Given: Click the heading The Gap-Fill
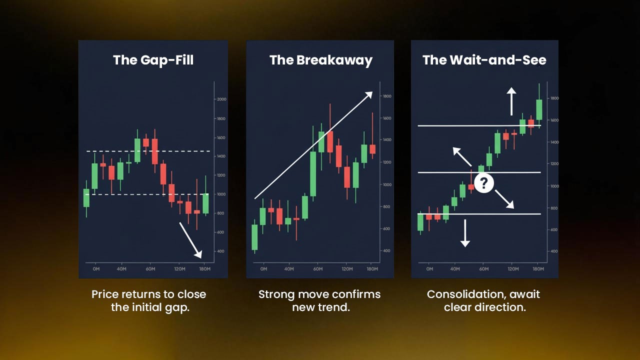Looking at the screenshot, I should (153, 60).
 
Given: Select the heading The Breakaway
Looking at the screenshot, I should (321, 60).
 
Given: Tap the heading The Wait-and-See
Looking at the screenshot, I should (484, 60).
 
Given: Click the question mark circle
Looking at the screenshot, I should (483, 183).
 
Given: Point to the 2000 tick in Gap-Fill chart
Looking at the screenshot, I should (221, 99).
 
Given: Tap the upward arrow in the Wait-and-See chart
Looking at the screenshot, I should (511, 101).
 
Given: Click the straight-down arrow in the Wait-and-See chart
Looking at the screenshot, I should (465, 232).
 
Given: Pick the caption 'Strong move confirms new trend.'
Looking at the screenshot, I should (320, 300).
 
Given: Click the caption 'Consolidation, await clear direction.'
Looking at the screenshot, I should (484, 300).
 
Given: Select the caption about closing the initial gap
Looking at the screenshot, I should (149, 300).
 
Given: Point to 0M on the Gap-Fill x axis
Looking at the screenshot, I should (96, 269).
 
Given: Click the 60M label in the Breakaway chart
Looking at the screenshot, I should (317, 269).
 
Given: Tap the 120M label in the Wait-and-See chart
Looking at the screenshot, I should (512, 269).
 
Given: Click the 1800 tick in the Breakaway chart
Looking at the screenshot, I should (387, 96).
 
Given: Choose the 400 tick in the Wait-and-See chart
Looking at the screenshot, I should (554, 251).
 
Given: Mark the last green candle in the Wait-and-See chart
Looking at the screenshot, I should (539, 109).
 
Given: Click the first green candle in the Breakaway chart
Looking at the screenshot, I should (254, 237).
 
